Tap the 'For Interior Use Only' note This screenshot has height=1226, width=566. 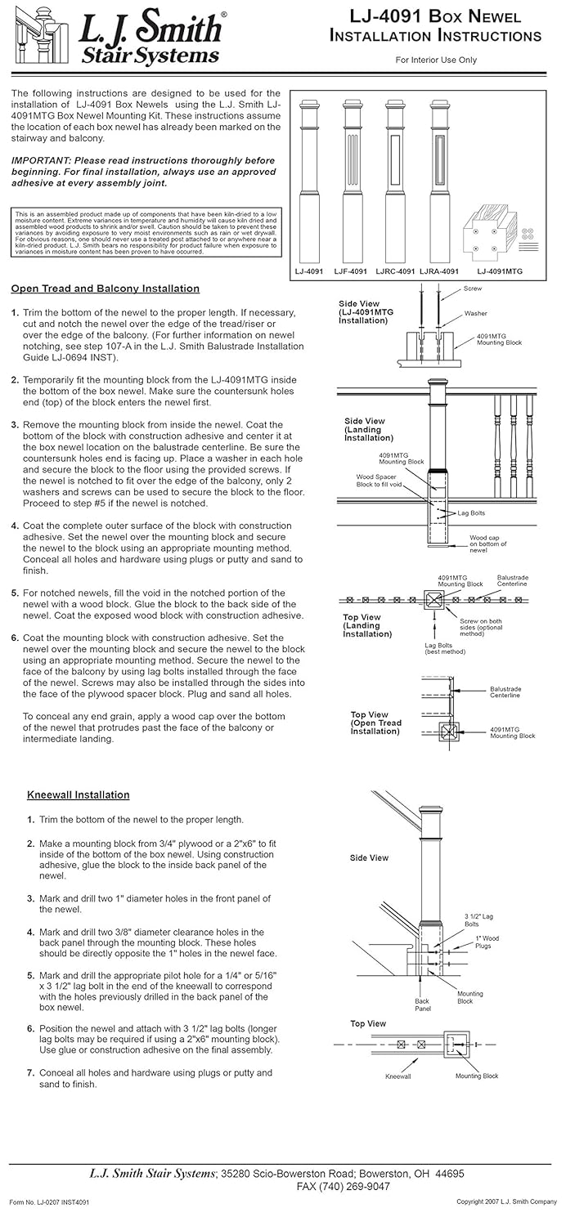click(436, 60)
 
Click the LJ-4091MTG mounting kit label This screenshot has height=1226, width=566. click(499, 271)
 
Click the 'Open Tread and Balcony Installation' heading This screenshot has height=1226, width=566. click(106, 289)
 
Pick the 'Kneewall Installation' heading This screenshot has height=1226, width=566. click(79, 794)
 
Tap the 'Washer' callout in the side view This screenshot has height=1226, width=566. click(475, 313)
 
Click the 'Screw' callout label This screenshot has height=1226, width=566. click(473, 289)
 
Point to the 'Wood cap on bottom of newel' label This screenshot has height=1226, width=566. click(488, 544)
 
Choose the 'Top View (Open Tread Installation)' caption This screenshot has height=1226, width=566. click(375, 723)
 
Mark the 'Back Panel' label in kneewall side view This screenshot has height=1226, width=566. click(422, 1005)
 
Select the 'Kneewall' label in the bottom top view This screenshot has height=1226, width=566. click(398, 1076)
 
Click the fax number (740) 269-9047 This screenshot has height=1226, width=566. click(343, 1186)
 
